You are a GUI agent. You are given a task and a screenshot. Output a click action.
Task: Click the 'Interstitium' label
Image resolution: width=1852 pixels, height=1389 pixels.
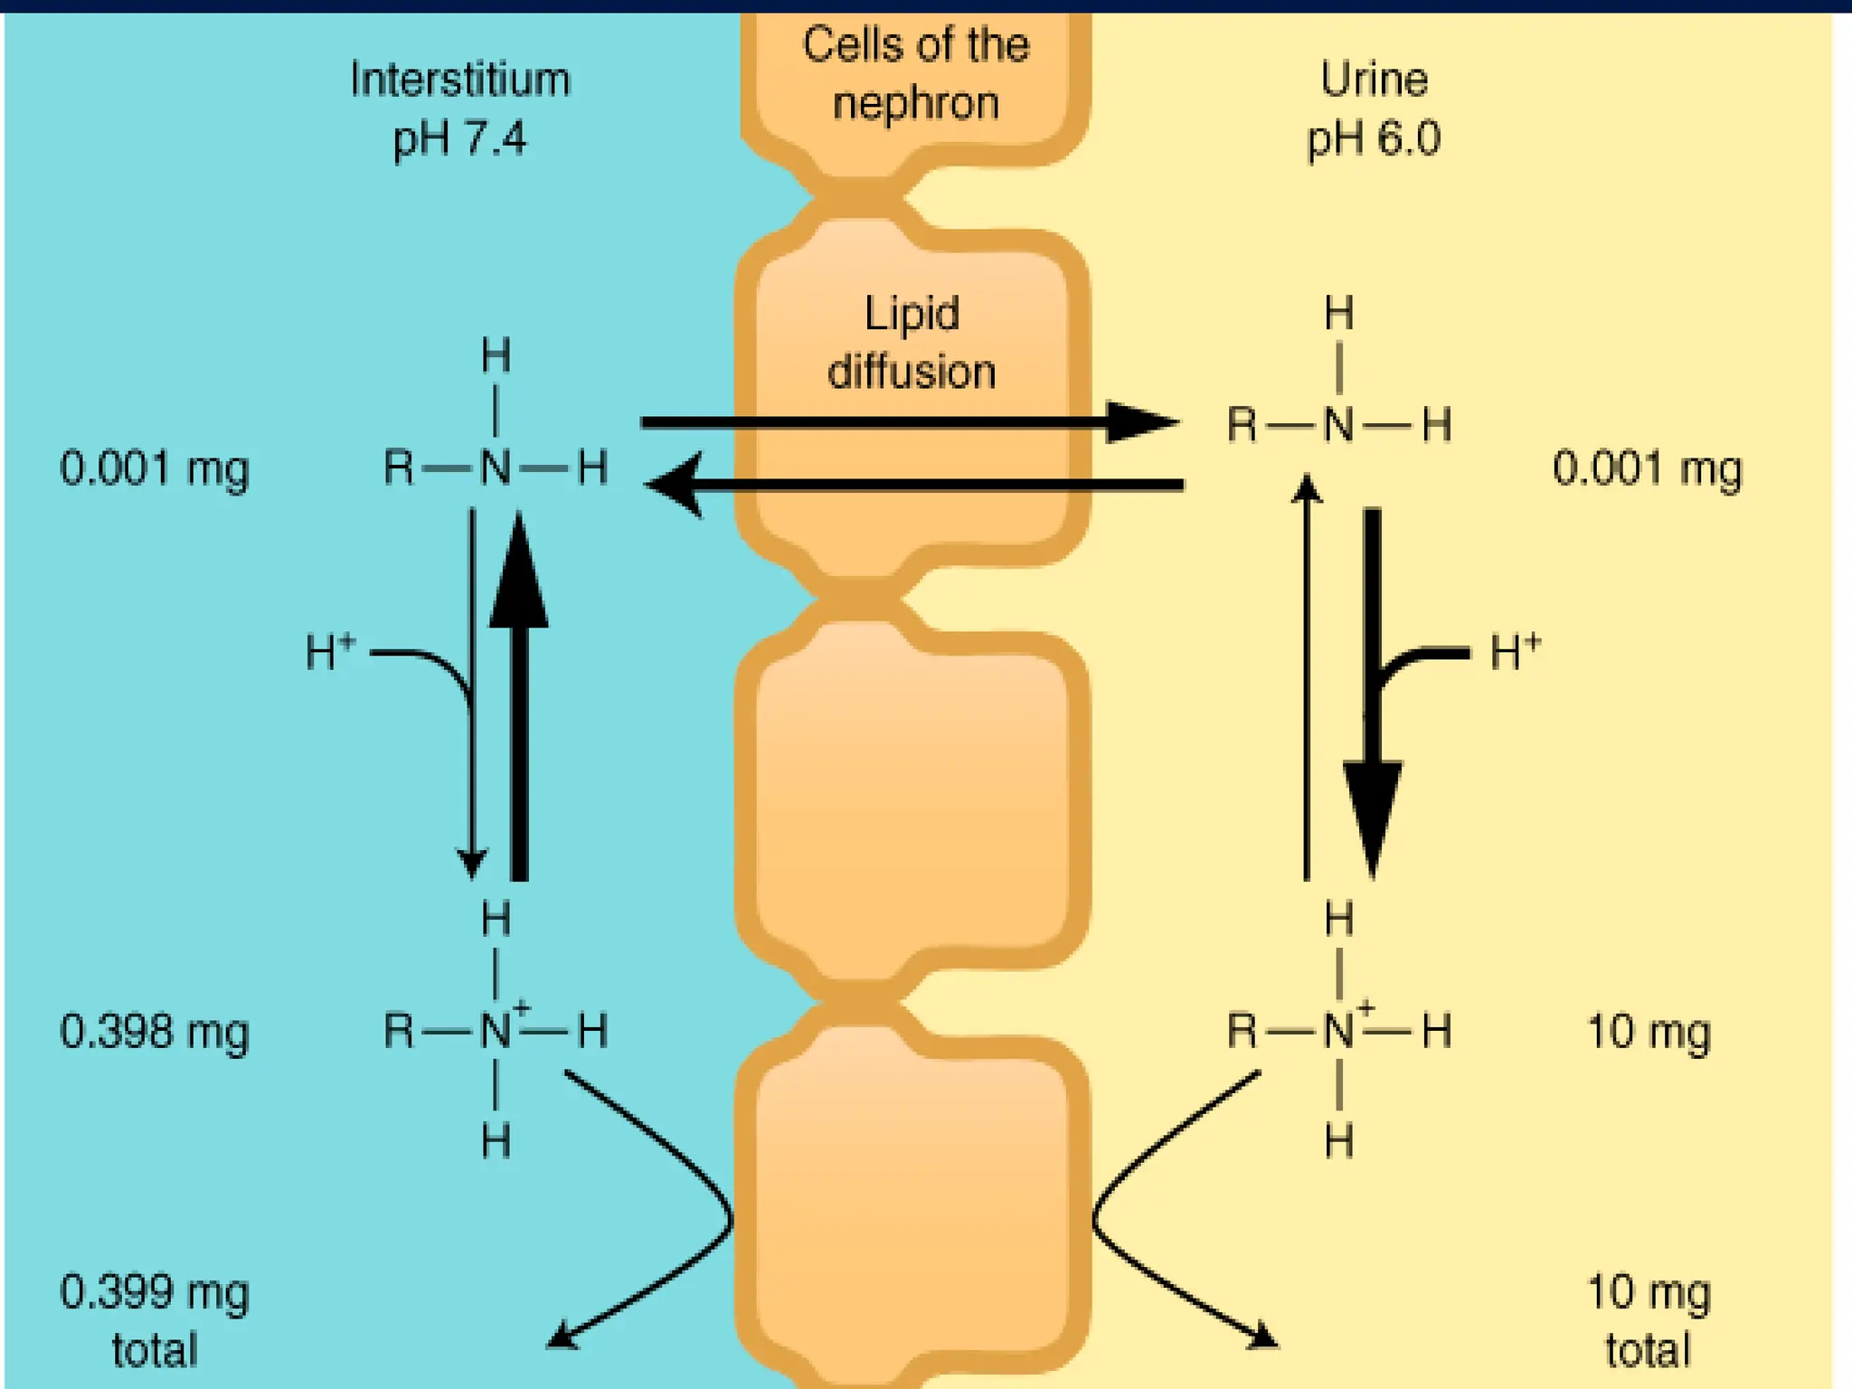coord(460,80)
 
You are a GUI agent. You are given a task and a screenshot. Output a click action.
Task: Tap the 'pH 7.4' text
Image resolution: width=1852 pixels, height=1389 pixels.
coord(459,139)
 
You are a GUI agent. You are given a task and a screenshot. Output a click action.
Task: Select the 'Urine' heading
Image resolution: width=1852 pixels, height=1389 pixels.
coord(1374,80)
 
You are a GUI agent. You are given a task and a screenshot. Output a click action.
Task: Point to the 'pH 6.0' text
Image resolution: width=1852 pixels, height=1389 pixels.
coord(1374,139)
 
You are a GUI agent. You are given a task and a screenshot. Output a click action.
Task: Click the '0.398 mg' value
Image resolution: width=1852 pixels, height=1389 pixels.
coord(154,1032)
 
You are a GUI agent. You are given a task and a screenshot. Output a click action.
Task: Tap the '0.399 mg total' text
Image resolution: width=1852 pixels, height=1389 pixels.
coord(154,1320)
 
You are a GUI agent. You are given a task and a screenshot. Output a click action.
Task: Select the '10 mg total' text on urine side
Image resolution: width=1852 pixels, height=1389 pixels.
coord(1649,1320)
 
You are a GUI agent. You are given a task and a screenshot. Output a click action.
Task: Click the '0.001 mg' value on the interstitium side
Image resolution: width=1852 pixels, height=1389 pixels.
coord(154,469)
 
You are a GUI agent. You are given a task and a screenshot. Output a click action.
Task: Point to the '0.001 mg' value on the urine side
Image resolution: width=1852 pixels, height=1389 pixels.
coord(1647,469)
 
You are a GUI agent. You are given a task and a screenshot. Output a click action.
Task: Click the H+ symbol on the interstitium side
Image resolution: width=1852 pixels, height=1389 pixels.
coord(330,652)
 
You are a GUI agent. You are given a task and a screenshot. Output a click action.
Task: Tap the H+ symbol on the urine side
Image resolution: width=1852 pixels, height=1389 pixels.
coord(1515,652)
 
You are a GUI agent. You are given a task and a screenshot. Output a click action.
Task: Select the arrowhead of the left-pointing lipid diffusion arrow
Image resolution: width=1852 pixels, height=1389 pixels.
coord(676,485)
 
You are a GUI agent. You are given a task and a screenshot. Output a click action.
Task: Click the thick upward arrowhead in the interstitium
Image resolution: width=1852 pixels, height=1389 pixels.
coord(519,574)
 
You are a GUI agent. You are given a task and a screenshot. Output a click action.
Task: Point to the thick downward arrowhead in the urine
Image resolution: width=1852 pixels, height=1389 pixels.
coord(1373,814)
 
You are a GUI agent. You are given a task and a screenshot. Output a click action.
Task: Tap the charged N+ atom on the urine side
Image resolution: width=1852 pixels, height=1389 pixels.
coord(1339,1031)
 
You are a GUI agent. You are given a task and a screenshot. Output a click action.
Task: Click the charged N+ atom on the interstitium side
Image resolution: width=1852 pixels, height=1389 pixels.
coord(496,1031)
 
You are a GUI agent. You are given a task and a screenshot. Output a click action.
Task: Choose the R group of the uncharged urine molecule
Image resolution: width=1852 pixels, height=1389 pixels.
coord(1242,424)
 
